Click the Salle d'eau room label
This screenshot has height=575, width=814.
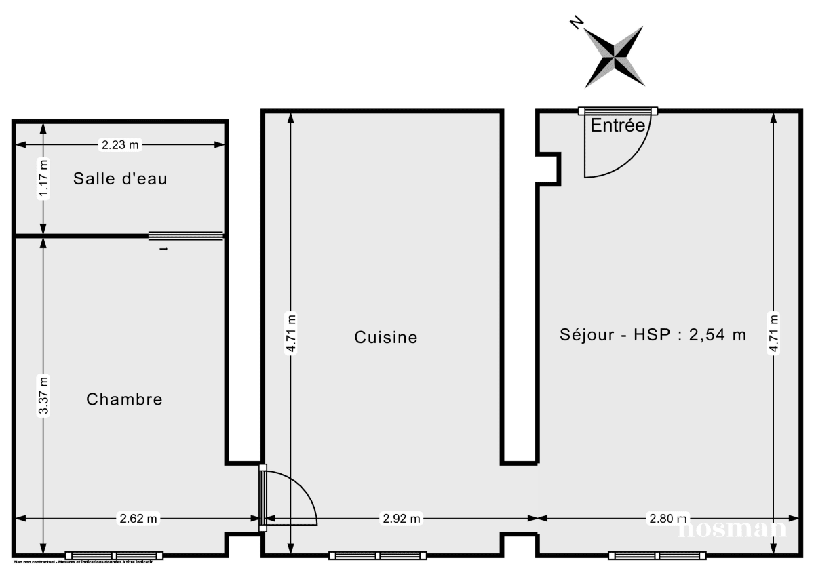pyautogui.click(x=120, y=179)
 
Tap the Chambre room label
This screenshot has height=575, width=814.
pyautogui.click(x=124, y=399)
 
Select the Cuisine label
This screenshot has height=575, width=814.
pyautogui.click(x=385, y=337)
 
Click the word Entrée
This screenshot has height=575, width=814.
pyautogui.click(x=617, y=125)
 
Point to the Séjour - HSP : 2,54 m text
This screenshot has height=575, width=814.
pyautogui.click(x=653, y=334)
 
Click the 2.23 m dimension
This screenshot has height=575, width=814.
pyautogui.click(x=120, y=144)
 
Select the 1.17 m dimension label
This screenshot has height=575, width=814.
pyautogui.click(x=43, y=178)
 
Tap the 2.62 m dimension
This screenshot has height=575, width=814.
pyautogui.click(x=138, y=519)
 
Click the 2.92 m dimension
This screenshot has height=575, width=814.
pyautogui.click(x=401, y=519)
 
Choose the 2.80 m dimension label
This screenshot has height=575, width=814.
pyautogui.click(x=662, y=519)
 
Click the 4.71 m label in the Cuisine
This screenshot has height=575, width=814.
pyautogui.click(x=291, y=333)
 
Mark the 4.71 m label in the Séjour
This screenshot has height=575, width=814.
pyautogui.click(x=774, y=333)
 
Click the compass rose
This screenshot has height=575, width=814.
pyautogui.click(x=615, y=57)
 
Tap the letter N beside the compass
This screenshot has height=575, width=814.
pyautogui.click(x=576, y=24)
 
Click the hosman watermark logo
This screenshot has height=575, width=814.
pyautogui.click(x=733, y=528)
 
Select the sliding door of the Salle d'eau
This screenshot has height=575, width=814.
pyautogui.click(x=186, y=236)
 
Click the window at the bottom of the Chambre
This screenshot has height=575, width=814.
pyautogui.click(x=114, y=555)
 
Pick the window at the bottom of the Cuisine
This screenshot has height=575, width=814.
pyautogui.click(x=378, y=555)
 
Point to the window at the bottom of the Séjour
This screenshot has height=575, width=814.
pyautogui.click(x=657, y=555)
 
